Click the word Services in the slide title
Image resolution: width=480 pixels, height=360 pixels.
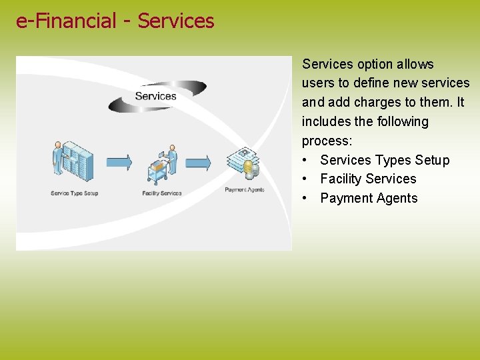click(176, 21)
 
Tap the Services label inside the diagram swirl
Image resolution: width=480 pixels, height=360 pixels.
click(155, 96)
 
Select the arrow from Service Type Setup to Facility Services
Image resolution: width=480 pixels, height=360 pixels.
click(119, 162)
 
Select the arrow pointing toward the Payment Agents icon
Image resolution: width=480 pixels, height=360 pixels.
click(198, 162)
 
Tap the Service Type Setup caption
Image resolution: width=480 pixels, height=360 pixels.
click(74, 193)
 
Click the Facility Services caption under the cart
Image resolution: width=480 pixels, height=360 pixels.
click(161, 193)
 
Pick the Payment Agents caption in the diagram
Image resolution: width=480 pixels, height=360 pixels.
click(244, 190)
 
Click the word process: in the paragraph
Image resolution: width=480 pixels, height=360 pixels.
click(327, 141)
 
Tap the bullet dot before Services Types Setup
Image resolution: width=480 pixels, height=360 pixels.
click(305, 161)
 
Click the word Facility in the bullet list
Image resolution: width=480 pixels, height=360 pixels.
click(341, 179)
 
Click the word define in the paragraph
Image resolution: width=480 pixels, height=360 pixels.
click(370, 83)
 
